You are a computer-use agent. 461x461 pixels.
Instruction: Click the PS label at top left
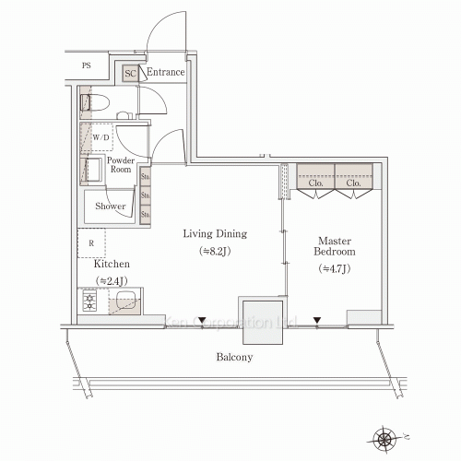pyautogui.click(x=87, y=66)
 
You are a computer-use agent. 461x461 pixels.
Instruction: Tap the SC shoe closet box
pyautogui.click(x=130, y=73)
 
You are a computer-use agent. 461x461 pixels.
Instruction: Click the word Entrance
pyautogui.click(x=165, y=72)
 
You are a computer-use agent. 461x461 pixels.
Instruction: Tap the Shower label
pyautogui.click(x=111, y=207)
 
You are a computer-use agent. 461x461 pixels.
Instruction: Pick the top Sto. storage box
pyautogui.click(x=146, y=175)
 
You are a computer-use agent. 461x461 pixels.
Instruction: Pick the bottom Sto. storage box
pyautogui.click(x=146, y=214)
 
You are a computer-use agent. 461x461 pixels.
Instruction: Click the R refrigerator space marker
pyautogui.click(x=91, y=243)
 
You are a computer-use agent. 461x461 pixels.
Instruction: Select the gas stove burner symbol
pyautogui.click(x=91, y=301)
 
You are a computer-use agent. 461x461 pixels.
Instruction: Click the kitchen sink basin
pyautogui.click(x=125, y=301)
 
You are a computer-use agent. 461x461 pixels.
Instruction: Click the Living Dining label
pyautogui.click(x=215, y=234)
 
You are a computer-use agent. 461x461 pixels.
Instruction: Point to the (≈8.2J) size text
pyautogui.click(x=215, y=252)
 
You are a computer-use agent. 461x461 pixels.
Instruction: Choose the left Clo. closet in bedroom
pyautogui.click(x=314, y=182)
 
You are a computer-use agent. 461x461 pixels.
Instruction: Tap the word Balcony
pyautogui.click(x=234, y=357)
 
